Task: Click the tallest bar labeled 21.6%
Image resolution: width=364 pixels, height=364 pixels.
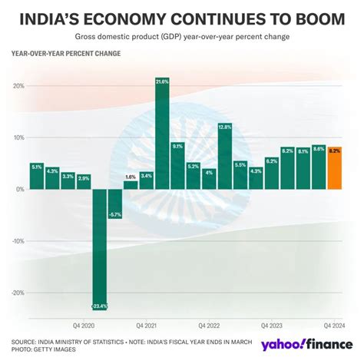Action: tap(162, 134)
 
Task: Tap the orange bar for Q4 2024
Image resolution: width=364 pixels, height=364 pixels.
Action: tap(335, 168)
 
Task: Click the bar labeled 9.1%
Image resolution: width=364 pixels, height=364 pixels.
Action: tap(177, 165)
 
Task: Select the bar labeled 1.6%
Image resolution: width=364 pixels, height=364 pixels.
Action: tap(131, 184)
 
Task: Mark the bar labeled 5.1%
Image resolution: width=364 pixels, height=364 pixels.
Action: tap(37, 176)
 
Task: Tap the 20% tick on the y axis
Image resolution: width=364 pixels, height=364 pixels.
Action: tap(18, 85)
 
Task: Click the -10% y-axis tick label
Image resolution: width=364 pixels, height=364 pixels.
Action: tap(16, 240)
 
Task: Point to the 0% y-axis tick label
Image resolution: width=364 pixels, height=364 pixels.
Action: tap(19, 189)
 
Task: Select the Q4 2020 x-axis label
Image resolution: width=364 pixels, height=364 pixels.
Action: tap(84, 326)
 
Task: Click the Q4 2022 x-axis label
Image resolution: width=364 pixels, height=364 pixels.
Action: tap(209, 326)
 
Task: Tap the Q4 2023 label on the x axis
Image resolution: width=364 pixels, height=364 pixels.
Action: tap(272, 326)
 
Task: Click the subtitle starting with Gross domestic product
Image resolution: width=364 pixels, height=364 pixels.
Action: tap(182, 37)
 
